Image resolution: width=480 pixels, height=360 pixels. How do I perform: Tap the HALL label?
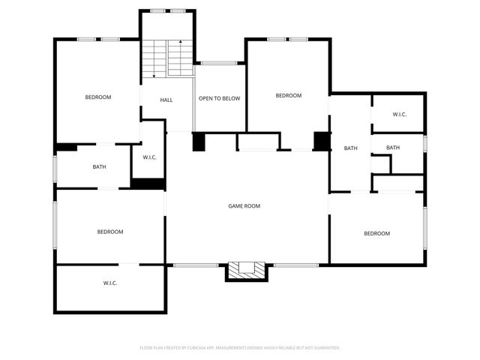166,100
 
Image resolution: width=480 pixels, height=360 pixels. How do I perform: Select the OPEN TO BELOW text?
219,98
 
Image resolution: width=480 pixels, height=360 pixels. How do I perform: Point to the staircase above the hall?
167,58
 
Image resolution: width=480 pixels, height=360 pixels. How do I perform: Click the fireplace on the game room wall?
246,270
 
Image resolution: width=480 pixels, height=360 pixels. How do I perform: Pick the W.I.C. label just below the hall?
149,157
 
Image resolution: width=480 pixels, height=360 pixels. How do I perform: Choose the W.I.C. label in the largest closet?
110,283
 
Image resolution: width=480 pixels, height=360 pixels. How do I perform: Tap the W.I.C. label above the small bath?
399,114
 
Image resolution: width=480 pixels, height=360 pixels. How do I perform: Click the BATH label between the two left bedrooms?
100,167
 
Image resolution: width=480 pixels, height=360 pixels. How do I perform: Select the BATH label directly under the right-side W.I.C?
393,148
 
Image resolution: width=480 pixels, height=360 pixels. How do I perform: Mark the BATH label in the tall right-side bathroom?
351,148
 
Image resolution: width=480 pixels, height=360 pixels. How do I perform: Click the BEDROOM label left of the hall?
98,97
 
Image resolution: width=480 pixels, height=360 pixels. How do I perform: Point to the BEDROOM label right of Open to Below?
288,95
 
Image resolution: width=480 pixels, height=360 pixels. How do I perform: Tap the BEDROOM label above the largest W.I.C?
110,232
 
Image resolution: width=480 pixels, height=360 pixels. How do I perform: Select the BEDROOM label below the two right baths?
376,233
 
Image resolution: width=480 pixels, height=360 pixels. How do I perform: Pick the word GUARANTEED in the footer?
324,348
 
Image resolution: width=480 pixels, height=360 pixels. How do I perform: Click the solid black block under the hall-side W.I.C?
148,183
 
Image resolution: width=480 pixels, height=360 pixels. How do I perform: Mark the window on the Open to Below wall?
219,63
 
